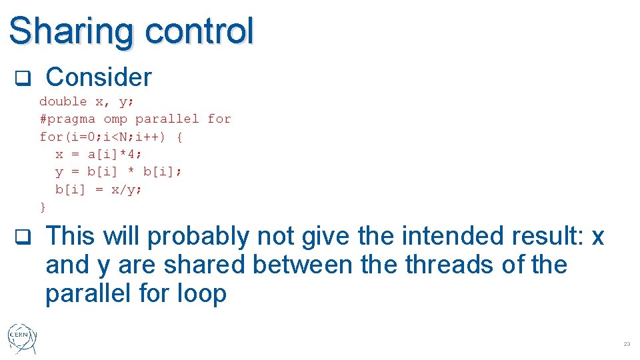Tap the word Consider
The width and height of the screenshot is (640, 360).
point(99,77)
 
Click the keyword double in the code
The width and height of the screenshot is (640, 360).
point(63,101)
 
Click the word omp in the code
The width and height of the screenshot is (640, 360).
point(115,119)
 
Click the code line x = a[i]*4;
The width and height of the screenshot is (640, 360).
point(99,154)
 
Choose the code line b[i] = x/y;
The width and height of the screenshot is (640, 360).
point(99,189)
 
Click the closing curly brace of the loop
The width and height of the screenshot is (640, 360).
point(43,207)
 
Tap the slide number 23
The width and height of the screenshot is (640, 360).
point(626,344)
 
